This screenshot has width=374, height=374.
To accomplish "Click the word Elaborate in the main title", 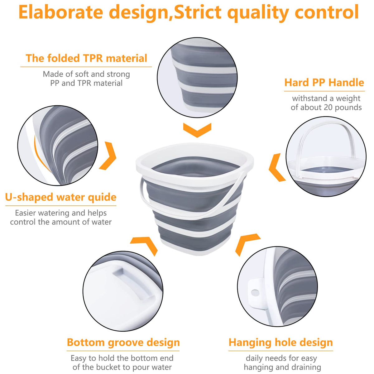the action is pyautogui.click(x=61, y=12).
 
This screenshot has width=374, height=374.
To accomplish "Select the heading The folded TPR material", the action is pyautogui.click(x=86, y=58).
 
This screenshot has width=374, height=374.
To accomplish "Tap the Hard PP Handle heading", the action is pyautogui.click(x=324, y=83).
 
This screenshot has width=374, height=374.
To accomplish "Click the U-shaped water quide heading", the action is pyautogui.click(x=61, y=197).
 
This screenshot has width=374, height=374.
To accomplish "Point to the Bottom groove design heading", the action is pyautogui.click(x=123, y=342).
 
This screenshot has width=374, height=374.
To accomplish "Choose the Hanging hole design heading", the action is pyautogui.click(x=280, y=342).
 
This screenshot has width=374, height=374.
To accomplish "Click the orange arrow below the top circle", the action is pyautogui.click(x=197, y=130).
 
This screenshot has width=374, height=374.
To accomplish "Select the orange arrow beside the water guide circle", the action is pyautogui.click(x=108, y=156).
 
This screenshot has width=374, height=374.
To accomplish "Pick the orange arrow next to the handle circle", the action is pyautogui.click(x=277, y=167).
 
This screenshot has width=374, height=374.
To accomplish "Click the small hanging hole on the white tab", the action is pyautogui.click(x=255, y=292).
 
